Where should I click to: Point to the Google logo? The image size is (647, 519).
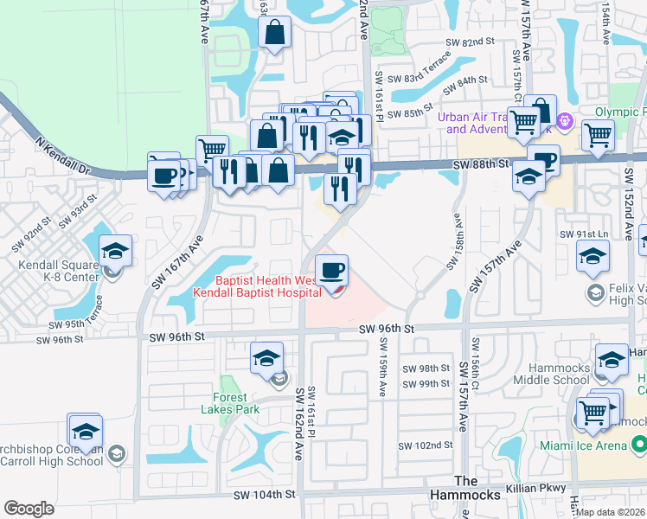[29, 508]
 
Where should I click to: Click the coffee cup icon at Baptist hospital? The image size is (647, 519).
[331, 272]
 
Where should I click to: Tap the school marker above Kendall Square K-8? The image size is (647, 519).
[115, 252]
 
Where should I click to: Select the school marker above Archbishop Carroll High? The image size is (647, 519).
[86, 431]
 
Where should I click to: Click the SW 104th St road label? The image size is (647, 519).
[265, 494]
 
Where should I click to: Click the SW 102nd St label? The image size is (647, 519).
[425, 445]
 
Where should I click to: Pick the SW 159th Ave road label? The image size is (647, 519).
[381, 368]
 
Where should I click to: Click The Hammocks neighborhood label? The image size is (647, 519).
[478, 488]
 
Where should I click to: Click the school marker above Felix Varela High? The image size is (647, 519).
[593, 256]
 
